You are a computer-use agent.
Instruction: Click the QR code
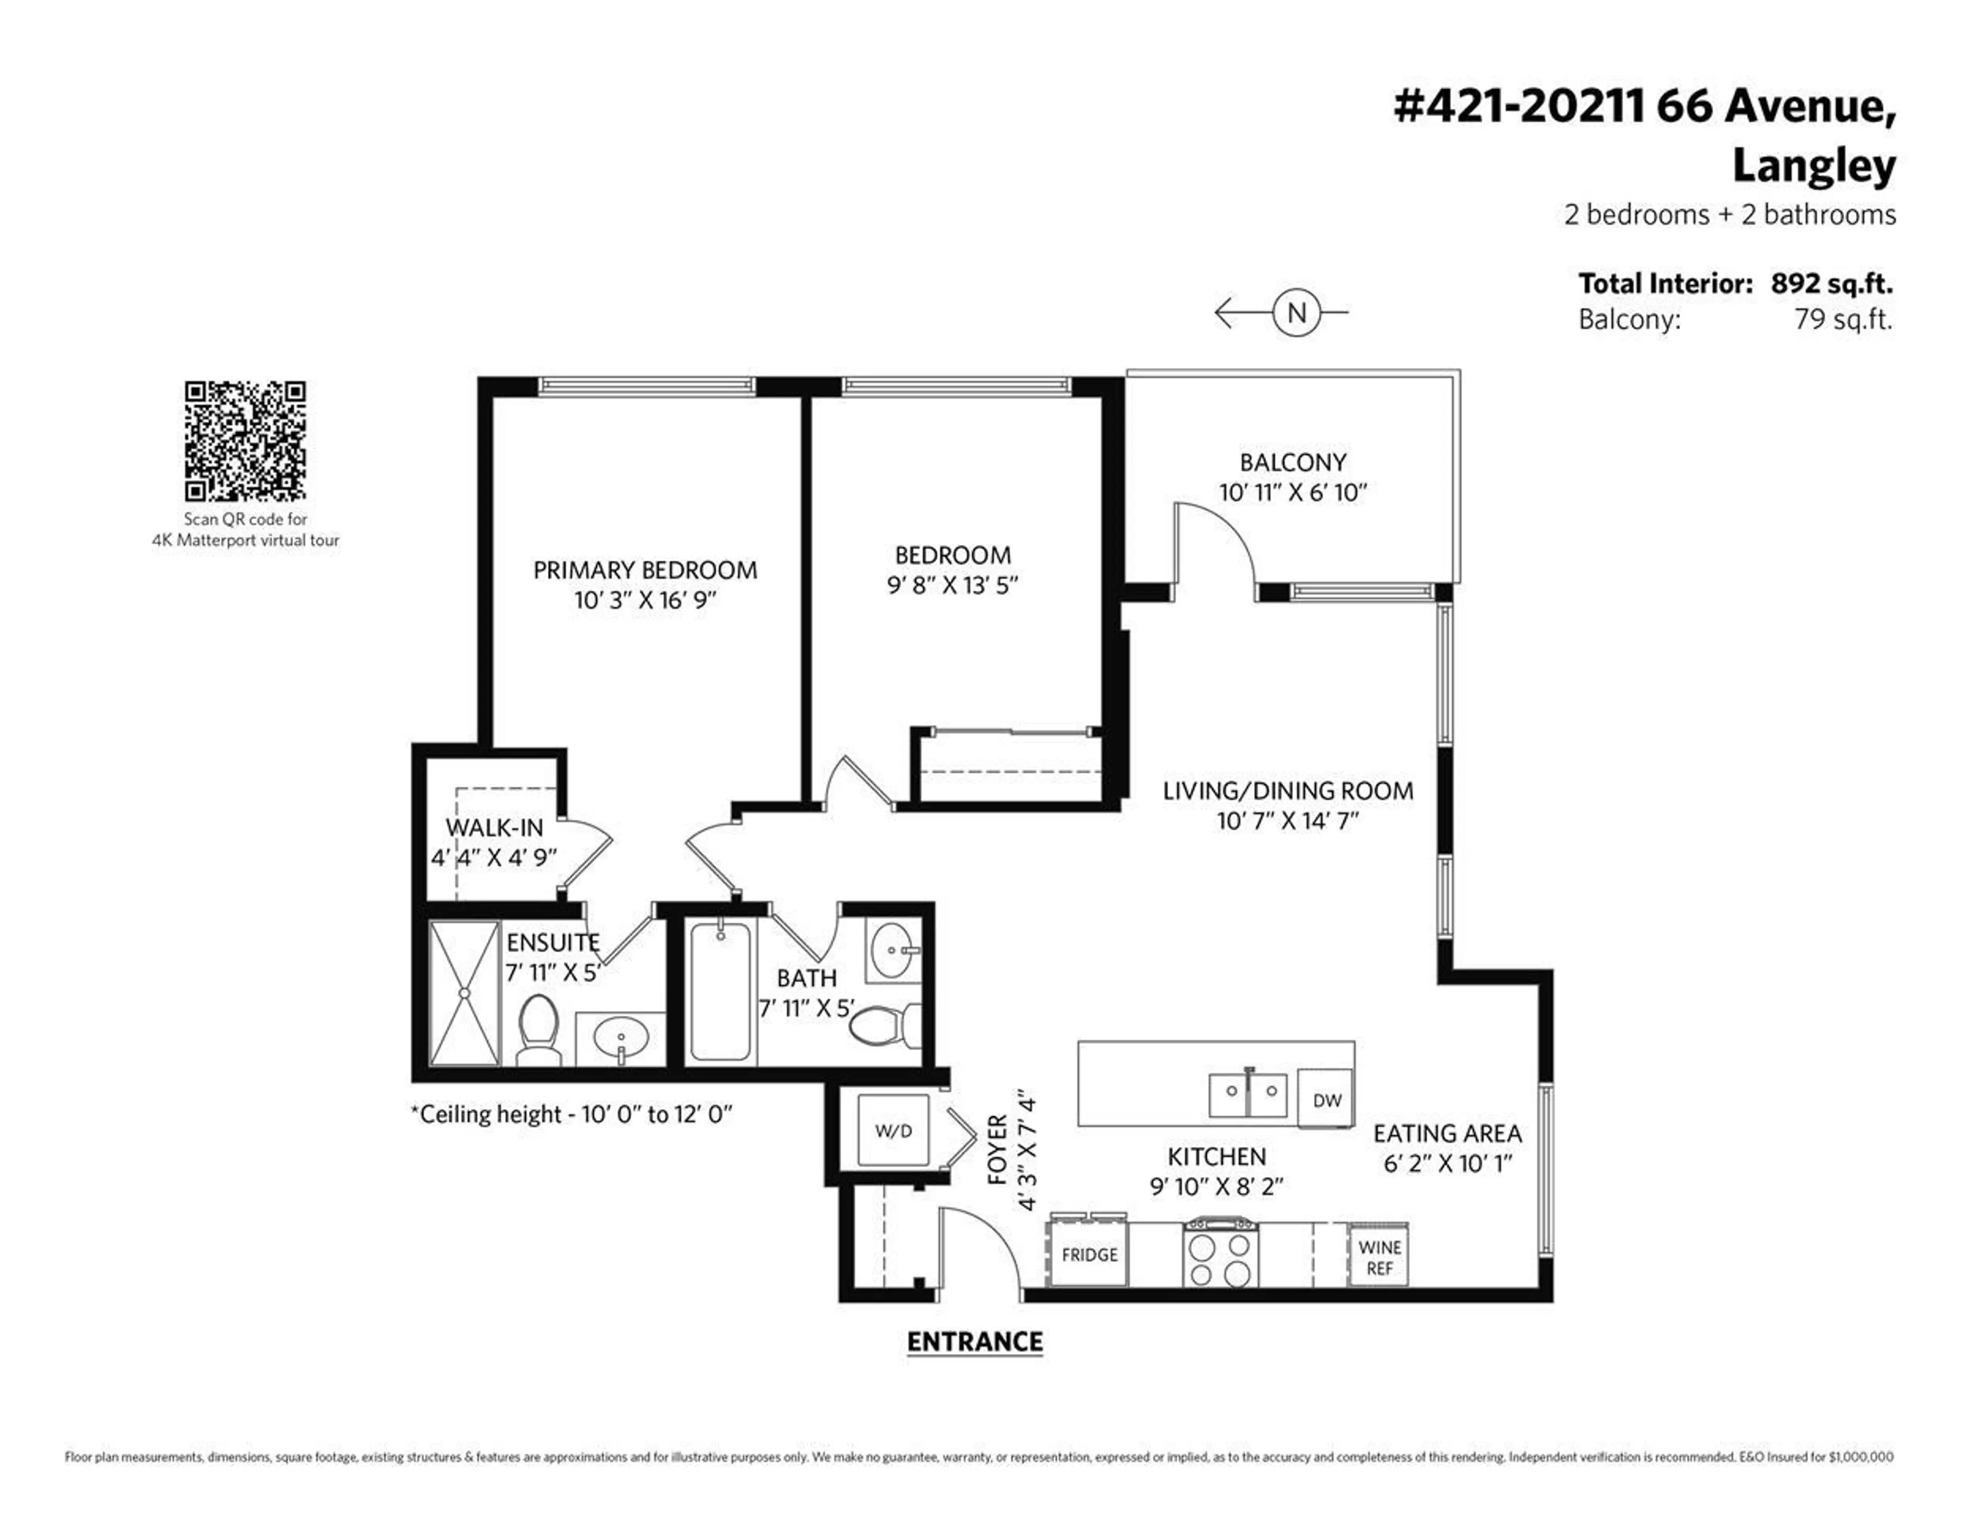245,441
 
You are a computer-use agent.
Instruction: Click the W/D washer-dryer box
893,1131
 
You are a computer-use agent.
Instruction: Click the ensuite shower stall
464,993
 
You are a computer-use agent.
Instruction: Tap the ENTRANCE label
975,1342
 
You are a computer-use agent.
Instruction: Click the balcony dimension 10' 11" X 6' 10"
1293,493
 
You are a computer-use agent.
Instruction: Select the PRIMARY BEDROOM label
645,570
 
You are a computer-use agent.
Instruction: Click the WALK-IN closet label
494,827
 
